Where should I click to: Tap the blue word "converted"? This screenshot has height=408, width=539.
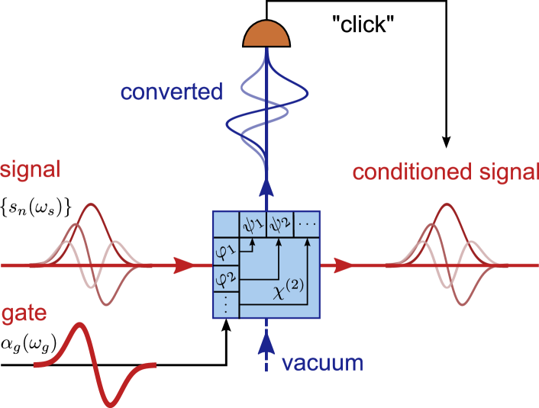pos(172,93)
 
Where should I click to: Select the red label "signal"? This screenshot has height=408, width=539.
pos(30,170)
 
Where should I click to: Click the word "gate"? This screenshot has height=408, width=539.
pos(21,313)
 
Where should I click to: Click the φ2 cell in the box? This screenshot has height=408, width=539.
pos(224,276)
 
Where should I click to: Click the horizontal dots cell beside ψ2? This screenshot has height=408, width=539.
pos(306,223)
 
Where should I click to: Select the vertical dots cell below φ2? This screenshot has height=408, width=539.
pos(224,304)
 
